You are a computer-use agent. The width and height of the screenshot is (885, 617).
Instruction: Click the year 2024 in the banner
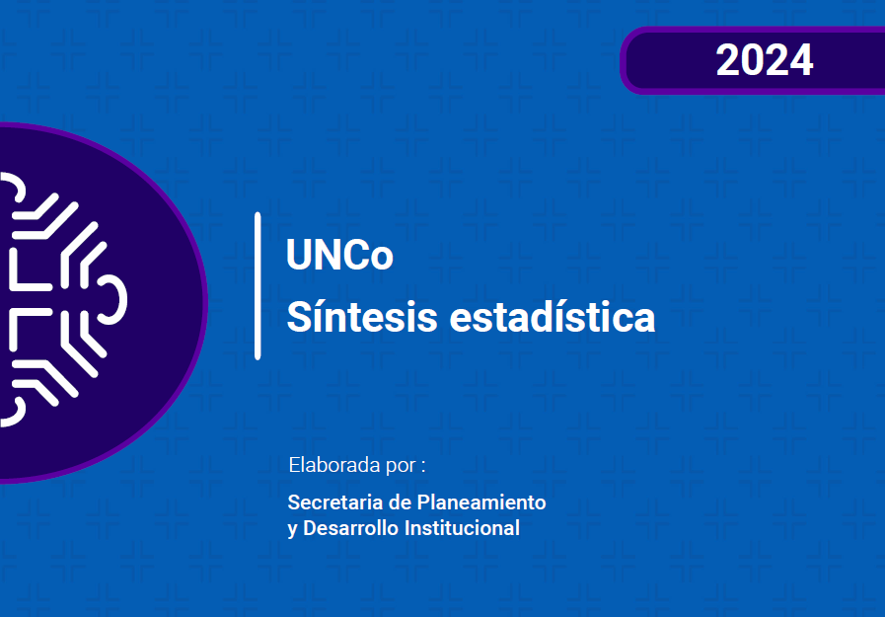coord(765,60)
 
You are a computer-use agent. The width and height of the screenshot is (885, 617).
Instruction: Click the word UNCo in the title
coord(339,255)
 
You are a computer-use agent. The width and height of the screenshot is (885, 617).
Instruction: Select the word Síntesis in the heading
coord(362,316)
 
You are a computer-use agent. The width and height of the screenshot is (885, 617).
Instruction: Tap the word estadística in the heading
coord(552,316)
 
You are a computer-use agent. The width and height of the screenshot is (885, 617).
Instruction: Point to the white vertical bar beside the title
coord(258,285)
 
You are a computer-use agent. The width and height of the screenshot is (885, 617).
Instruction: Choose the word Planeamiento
coord(480,501)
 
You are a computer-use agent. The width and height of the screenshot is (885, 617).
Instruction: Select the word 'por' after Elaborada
coord(401,467)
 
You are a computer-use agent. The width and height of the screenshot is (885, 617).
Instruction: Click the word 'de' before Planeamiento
coord(400,501)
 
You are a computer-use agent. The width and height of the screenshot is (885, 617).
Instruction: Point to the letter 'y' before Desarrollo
coord(292,530)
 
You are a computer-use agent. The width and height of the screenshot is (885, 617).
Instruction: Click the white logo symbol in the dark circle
coord(63,299)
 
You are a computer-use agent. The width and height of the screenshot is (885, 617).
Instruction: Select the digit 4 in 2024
coord(801,60)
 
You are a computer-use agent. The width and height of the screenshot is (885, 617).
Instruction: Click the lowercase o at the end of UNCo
coord(382,259)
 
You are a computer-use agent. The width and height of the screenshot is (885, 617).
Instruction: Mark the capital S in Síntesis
coord(299,316)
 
